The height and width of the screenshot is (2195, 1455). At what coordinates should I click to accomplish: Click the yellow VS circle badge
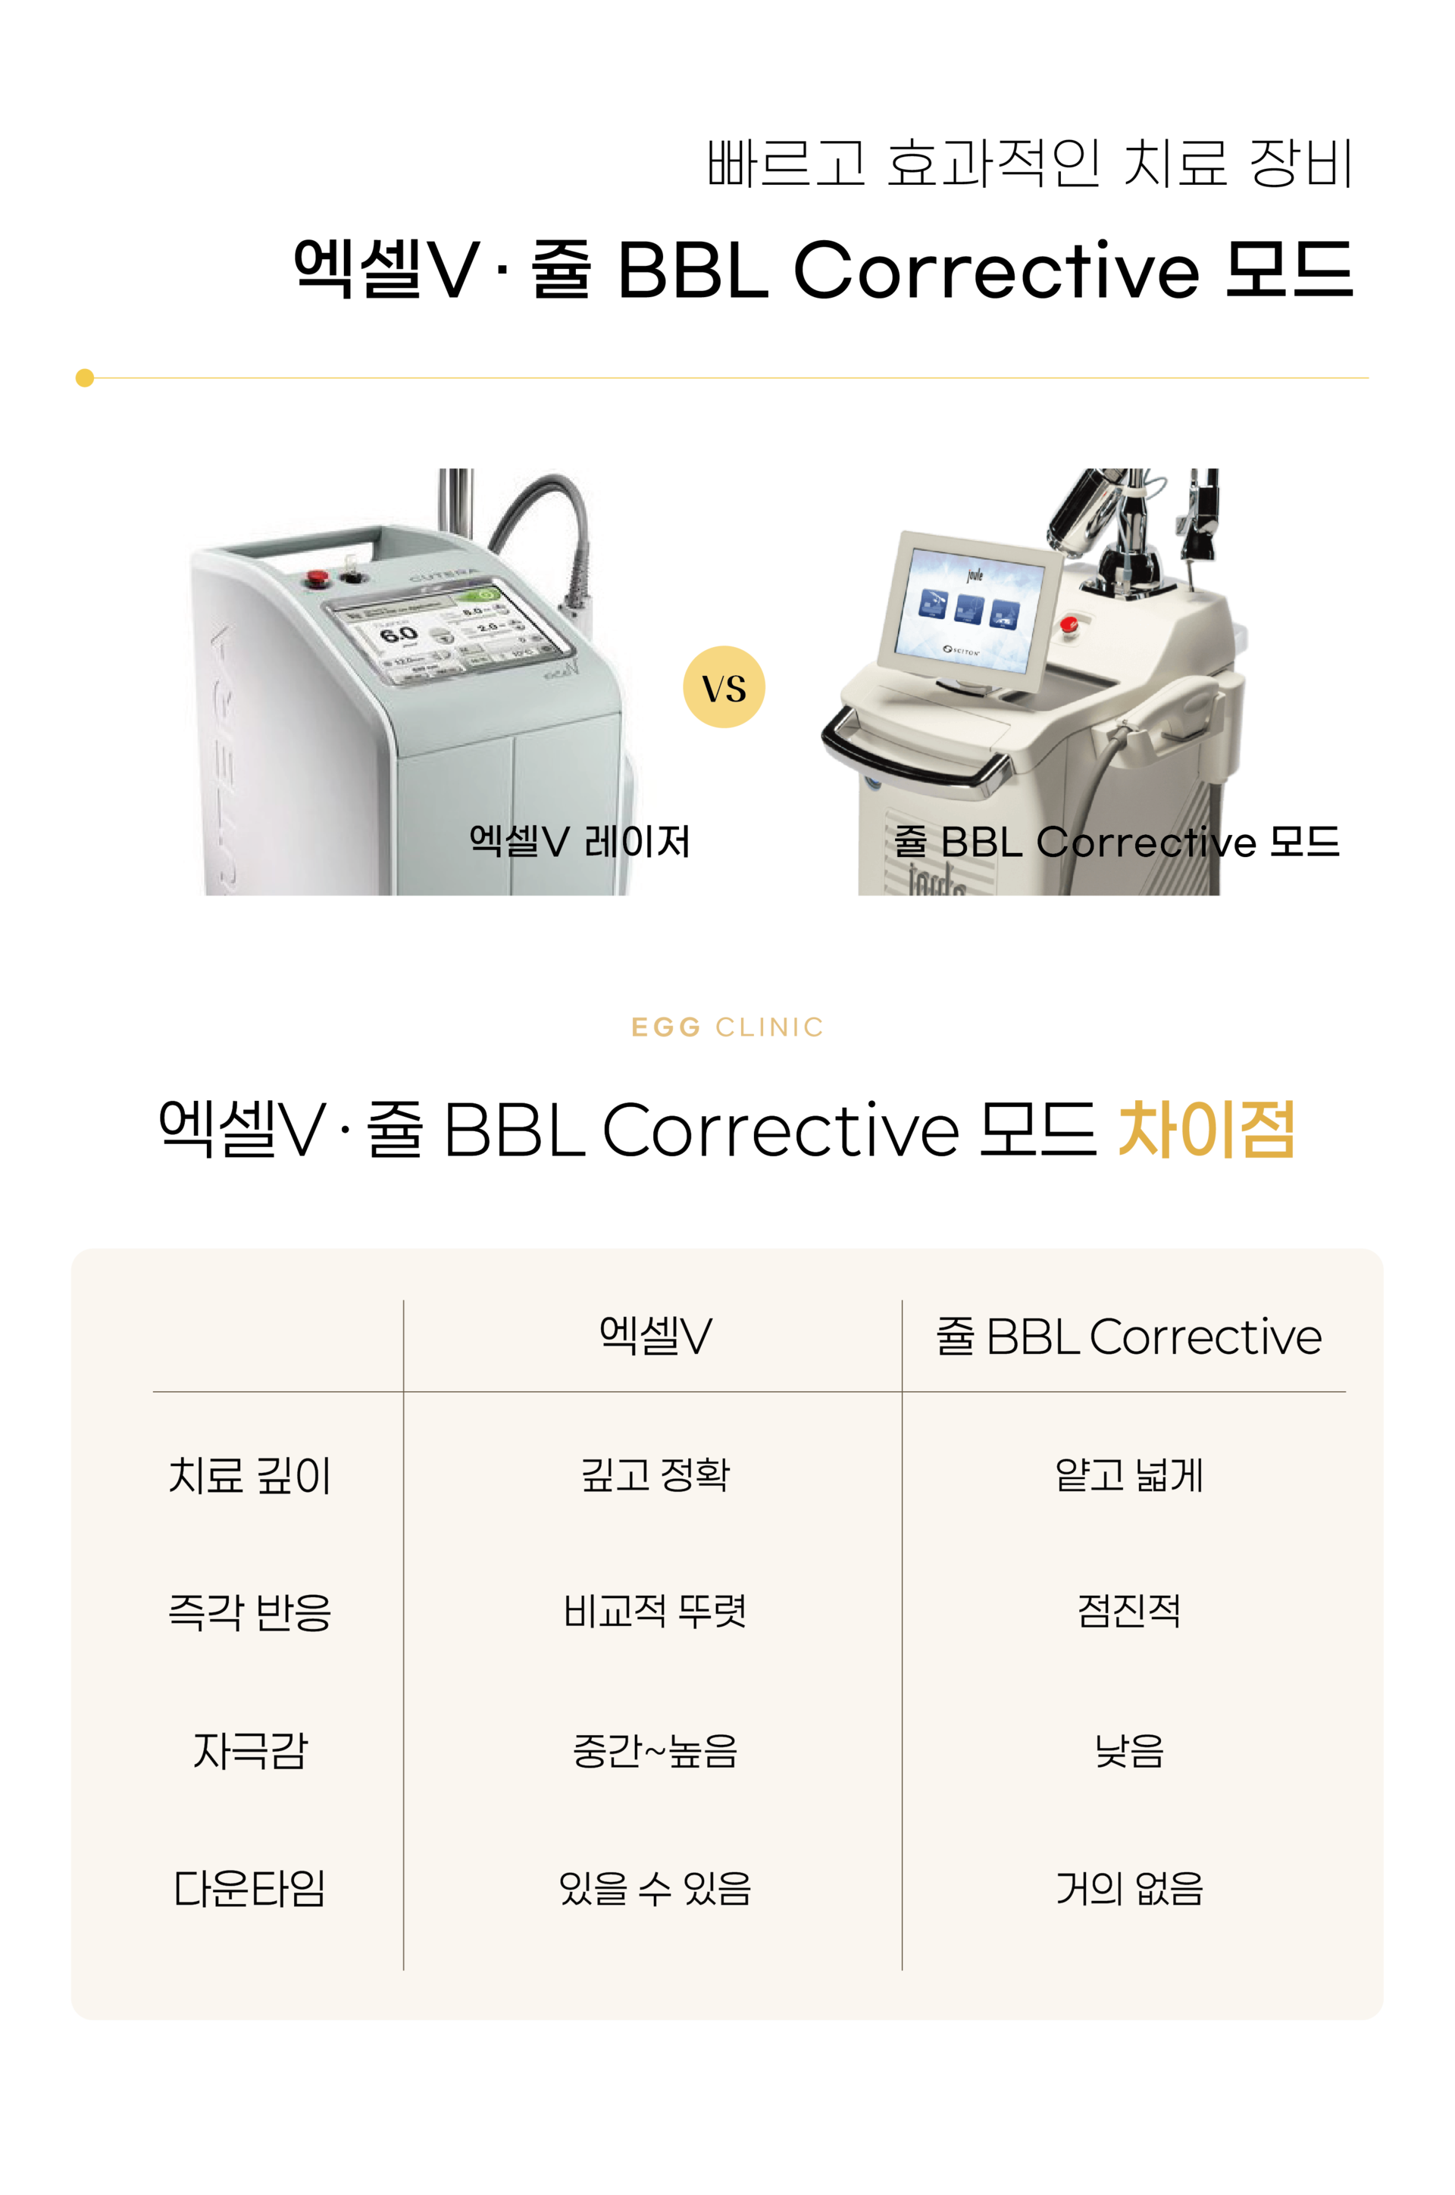click(x=724, y=686)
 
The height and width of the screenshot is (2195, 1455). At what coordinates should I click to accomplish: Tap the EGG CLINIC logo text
click(x=727, y=1027)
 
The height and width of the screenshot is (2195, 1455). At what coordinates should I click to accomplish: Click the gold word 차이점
click(x=1206, y=1130)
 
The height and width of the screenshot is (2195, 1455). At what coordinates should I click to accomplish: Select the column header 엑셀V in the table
click(x=655, y=1336)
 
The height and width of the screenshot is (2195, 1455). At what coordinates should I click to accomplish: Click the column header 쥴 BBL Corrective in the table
click(x=1128, y=1337)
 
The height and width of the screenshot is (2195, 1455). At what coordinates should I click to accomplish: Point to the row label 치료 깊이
click(x=249, y=1475)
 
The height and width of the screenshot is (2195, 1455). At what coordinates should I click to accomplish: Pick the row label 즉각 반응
click(x=249, y=1612)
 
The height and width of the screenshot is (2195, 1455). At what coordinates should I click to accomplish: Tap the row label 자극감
click(x=249, y=1750)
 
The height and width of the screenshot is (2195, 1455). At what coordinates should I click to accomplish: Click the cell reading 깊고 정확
click(x=655, y=1475)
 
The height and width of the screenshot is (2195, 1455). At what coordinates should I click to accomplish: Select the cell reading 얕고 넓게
click(x=1128, y=1475)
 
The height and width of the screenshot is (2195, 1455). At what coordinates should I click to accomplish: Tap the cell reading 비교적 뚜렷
click(x=655, y=1612)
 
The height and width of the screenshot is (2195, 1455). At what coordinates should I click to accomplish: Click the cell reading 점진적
click(x=1128, y=1612)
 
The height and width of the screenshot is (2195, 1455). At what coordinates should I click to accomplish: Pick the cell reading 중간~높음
click(x=655, y=1750)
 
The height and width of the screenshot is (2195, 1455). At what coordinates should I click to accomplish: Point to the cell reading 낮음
click(x=1128, y=1750)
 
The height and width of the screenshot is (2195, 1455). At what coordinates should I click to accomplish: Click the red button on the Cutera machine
click(x=318, y=578)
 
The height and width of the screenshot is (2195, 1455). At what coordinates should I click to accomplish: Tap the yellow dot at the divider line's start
click(x=84, y=377)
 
